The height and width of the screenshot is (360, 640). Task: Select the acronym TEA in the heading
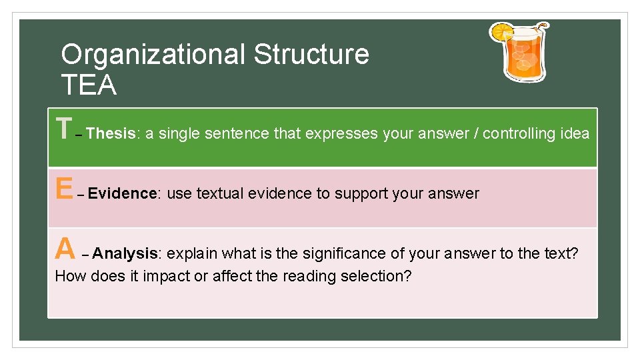(x=89, y=85)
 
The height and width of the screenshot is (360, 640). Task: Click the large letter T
(x=63, y=129)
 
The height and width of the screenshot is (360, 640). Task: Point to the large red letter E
(x=64, y=189)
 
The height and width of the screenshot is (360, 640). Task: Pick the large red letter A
(x=65, y=249)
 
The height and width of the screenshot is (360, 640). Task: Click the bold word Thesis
(x=111, y=133)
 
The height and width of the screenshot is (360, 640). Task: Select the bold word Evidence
(x=123, y=193)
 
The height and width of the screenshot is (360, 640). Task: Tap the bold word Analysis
(x=126, y=253)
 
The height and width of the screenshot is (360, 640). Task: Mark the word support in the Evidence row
(x=361, y=194)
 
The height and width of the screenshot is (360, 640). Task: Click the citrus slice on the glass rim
(x=501, y=31)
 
